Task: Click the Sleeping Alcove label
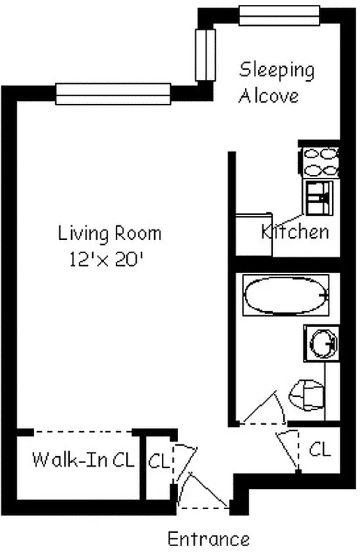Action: pyautogui.click(x=276, y=82)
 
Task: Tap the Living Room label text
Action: pyautogui.click(x=110, y=232)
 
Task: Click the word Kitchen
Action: pyautogui.click(x=294, y=232)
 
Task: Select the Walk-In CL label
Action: pyautogui.click(x=83, y=460)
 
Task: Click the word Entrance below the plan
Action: pyautogui.click(x=208, y=538)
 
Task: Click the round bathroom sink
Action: pyautogui.click(x=322, y=342)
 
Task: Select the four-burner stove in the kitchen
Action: pyautogui.click(x=322, y=161)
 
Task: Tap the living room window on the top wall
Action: pyautogui.click(x=113, y=93)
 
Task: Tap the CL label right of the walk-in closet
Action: pyautogui.click(x=158, y=461)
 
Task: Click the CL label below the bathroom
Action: pyautogui.click(x=320, y=449)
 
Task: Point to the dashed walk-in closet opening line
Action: pyautogui.click(x=84, y=432)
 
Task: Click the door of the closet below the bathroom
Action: pyautogui.click(x=288, y=446)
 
